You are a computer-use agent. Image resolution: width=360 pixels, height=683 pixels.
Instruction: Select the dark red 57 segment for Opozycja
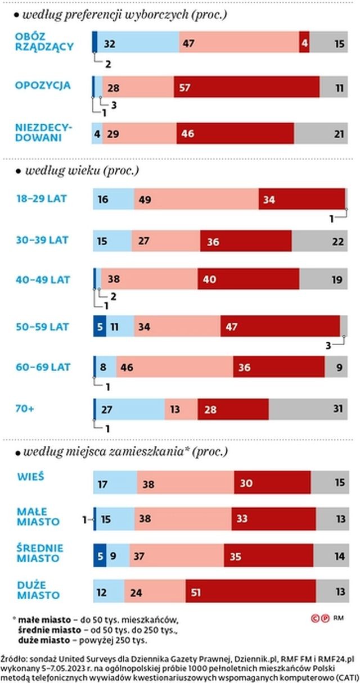pos(246,87)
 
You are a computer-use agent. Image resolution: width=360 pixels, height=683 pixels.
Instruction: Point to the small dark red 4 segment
pos(304,43)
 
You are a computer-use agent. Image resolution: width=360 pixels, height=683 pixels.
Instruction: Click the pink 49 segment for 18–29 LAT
pos(196,200)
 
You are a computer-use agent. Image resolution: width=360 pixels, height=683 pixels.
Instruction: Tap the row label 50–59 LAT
pos(43,325)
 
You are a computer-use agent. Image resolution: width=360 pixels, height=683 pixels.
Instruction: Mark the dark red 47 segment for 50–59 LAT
pos(280,326)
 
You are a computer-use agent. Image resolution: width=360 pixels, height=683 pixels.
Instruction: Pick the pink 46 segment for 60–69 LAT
pos(174,368)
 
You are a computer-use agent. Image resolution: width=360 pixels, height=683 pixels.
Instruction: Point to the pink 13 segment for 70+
pos(181,409)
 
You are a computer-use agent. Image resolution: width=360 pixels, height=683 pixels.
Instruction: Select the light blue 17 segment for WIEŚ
pos(115,483)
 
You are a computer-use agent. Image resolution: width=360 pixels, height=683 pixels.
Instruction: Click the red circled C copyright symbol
pos(316,618)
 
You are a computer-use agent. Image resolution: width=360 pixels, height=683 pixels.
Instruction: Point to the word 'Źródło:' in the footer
pos(14,658)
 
